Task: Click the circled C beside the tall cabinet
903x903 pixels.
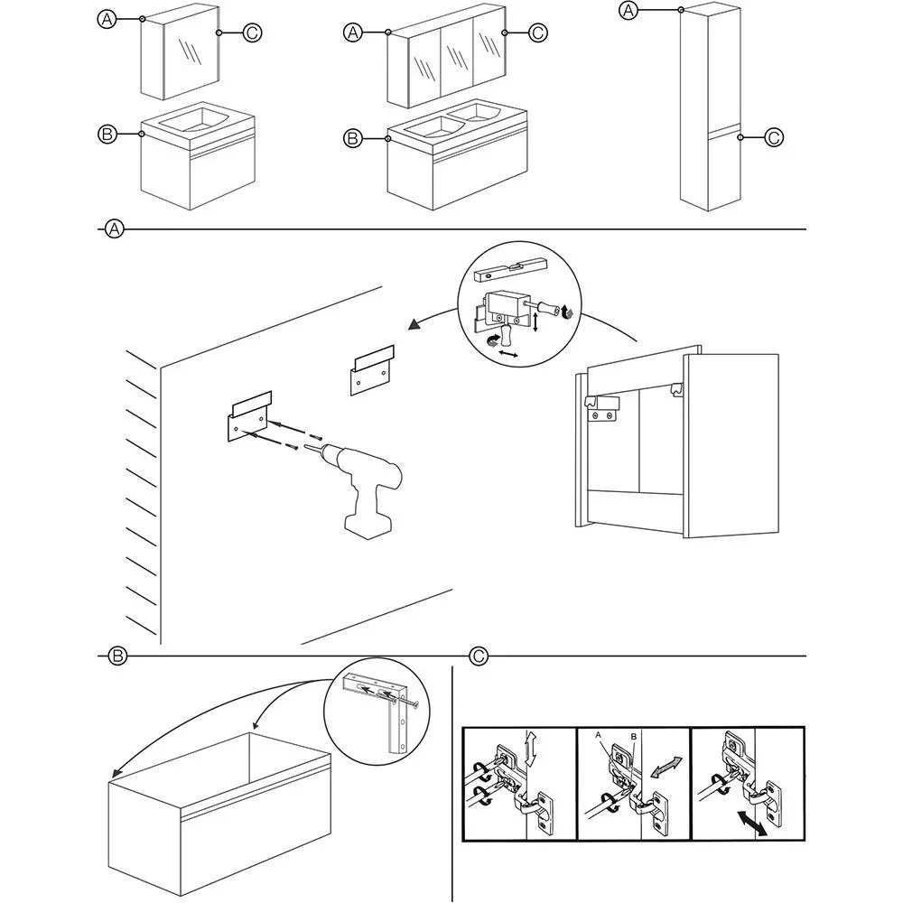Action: (774, 137)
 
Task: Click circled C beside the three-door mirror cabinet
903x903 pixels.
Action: (537, 33)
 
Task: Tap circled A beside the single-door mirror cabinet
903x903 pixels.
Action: (107, 19)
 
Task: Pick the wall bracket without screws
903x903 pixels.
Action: (372, 369)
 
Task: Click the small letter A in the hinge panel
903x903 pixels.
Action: (598, 736)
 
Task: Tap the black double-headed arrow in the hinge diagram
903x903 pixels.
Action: (750, 824)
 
